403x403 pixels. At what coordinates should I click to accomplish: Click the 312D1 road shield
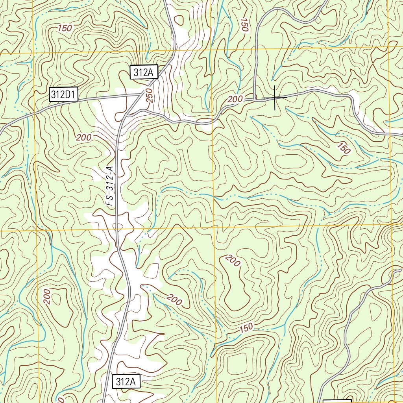pyautogui.click(x=64, y=94)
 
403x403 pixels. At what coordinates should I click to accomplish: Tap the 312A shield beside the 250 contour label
pyautogui.click(x=144, y=72)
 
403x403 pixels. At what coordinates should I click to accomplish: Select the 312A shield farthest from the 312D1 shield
pyautogui.click(x=126, y=381)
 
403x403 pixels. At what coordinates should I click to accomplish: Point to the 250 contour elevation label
pyautogui.click(x=149, y=96)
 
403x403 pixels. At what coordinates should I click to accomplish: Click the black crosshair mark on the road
pyautogui.click(x=274, y=97)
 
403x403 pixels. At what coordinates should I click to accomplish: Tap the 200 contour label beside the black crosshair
pyautogui.click(x=235, y=100)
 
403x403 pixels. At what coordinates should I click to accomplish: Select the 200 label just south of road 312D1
pyautogui.click(x=84, y=137)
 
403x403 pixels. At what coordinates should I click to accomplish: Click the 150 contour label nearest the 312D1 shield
pyautogui.click(x=65, y=28)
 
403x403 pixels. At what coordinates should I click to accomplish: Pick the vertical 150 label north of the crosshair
pyautogui.click(x=245, y=25)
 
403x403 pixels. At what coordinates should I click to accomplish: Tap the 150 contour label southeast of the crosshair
pyautogui.click(x=343, y=148)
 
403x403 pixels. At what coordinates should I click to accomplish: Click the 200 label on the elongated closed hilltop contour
pyautogui.click(x=233, y=261)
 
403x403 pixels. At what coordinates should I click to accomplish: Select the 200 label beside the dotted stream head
pyautogui.click(x=174, y=300)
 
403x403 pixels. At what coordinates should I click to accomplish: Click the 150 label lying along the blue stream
pyautogui.click(x=246, y=327)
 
